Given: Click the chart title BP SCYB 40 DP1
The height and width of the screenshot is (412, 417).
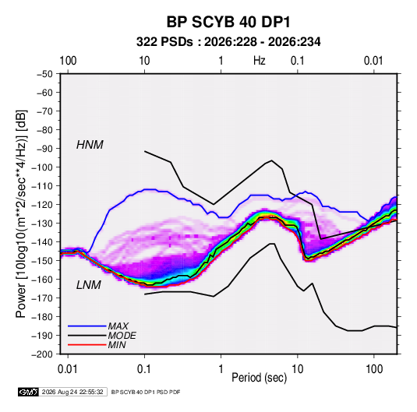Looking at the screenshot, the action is (228, 22).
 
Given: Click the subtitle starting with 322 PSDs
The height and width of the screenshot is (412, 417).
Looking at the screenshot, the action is (228, 42).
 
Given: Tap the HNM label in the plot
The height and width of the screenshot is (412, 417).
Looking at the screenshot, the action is (90, 145).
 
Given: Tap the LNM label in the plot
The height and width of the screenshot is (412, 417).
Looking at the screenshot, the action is (89, 285).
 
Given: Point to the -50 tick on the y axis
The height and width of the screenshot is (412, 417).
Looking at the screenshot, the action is (44, 74).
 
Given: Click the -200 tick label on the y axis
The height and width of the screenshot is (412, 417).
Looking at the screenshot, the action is (42, 354).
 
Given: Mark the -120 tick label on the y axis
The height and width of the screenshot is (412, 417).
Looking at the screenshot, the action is (42, 205).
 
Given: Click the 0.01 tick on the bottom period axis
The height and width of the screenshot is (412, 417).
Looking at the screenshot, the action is (68, 369).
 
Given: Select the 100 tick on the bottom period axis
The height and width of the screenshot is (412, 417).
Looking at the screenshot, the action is (374, 369).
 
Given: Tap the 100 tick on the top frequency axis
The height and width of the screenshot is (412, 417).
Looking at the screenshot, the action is (68, 61).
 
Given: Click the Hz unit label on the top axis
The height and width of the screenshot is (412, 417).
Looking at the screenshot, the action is (260, 61).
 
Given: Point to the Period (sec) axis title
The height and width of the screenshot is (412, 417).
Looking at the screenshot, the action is (260, 378).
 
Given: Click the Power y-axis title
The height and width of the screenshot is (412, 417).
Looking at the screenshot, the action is (21, 214).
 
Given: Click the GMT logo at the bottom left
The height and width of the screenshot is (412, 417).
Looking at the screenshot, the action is (28, 392).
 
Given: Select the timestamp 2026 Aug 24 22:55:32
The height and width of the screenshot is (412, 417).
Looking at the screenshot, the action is (72, 392).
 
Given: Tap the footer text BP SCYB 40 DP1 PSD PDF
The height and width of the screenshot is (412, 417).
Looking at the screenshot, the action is (146, 392).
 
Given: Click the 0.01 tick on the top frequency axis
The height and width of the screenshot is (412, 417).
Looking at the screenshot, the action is (373, 61).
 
